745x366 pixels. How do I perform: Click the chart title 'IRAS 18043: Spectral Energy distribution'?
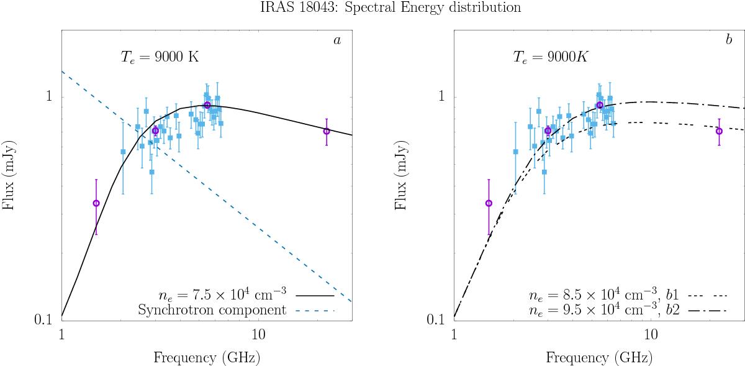[372, 7]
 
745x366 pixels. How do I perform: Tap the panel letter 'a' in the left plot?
[337, 40]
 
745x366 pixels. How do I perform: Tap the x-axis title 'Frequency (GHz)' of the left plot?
[206, 357]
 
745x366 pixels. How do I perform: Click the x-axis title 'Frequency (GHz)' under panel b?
[599, 357]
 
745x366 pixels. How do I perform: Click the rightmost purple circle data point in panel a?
[327, 131]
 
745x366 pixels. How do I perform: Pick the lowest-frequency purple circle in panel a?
[96, 203]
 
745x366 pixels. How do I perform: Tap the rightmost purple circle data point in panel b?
[719, 131]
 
